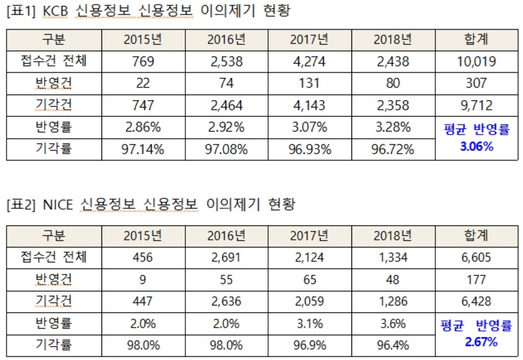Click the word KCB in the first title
coord(57,11)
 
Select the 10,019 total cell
coord(476,62)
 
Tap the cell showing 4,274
coord(309,62)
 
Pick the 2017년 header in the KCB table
coord(309,40)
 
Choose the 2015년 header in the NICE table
coord(143,236)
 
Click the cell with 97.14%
coord(143,149)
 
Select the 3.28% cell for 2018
coord(392,128)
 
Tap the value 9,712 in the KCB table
coord(476,105)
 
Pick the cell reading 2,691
coord(226,257)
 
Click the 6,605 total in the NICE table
coord(476,257)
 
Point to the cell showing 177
coord(476,279)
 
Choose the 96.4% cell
coord(392,346)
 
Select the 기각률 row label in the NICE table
coord(54,346)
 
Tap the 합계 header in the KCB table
coord(476,40)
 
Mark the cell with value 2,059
coord(309,301)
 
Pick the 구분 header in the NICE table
coord(54,236)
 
